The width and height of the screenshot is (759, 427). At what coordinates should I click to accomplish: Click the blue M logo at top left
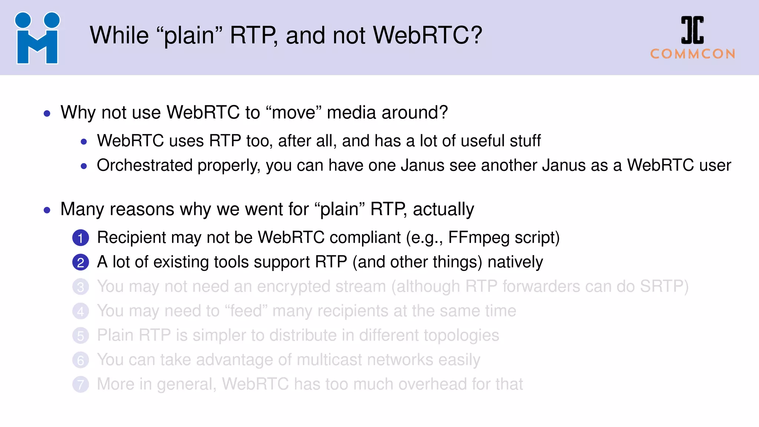tap(37, 39)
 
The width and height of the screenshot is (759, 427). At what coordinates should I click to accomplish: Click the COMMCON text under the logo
tap(693, 54)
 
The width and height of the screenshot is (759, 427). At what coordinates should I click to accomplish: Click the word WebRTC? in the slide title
tap(427, 35)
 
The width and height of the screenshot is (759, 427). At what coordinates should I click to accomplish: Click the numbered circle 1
tap(80, 238)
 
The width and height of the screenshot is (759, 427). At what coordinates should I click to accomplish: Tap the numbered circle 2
tap(80, 262)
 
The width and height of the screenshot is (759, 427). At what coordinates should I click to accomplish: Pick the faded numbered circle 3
tap(80, 287)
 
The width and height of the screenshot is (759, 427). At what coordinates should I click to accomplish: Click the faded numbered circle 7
tap(80, 385)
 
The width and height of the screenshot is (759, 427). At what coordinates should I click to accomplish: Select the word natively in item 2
tap(515, 262)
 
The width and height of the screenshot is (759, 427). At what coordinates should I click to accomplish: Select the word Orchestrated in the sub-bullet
tap(145, 165)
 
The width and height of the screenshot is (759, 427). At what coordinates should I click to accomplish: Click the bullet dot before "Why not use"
tap(47, 113)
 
